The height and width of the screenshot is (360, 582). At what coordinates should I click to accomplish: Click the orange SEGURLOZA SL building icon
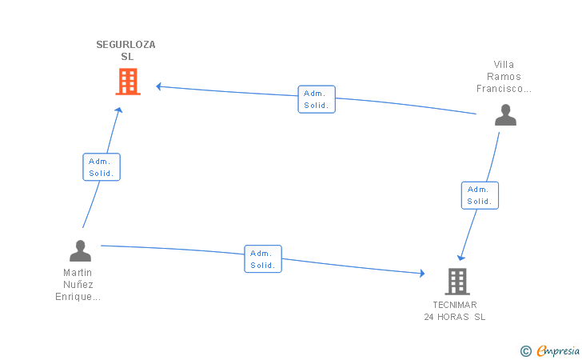pos(128,82)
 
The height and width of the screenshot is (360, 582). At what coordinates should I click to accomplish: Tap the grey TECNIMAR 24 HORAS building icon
pos(456,281)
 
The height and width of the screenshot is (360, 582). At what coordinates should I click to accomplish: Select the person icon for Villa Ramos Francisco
pos(505,115)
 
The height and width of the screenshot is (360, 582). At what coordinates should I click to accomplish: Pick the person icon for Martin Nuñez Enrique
pos(80,251)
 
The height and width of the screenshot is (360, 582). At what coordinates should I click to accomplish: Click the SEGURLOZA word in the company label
pos(126,45)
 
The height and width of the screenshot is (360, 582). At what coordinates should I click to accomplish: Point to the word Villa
pos(504,65)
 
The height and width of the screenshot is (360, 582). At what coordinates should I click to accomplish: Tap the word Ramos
pos(504,77)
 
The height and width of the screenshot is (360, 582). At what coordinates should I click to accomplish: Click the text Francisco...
pos(504,89)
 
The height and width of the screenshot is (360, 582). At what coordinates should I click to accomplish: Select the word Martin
pos(78,273)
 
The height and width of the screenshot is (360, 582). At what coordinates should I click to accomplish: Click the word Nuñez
pos(78,285)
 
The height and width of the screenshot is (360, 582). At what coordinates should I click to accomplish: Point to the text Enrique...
pos(78,297)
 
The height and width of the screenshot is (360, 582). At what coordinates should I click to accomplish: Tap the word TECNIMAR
pos(455,305)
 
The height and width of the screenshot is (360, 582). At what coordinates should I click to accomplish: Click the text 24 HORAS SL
pos(455,317)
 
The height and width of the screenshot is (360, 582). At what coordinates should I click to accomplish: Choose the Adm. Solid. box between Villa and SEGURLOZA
pos(317,99)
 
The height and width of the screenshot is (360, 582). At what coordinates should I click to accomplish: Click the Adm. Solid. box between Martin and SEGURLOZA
pos(102,167)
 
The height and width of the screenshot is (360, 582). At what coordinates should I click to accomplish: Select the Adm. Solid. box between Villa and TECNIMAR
pos(480,195)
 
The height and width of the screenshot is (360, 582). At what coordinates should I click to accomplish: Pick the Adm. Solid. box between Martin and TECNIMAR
pos(263,259)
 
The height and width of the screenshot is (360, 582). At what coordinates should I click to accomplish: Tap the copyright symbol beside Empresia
pos(525,350)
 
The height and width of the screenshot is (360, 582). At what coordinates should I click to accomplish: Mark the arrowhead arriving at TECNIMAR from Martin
pos(421,274)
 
